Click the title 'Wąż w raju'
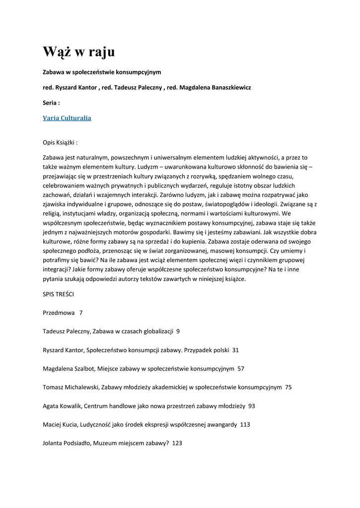click(x=79, y=51)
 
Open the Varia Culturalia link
click(x=67, y=118)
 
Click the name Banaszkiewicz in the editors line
click(x=224, y=87)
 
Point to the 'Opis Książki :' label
click(x=61, y=142)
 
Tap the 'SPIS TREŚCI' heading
click(x=59, y=294)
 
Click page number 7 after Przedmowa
click(x=81, y=313)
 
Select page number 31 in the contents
click(x=235, y=350)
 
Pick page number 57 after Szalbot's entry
click(x=241, y=369)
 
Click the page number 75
click(x=288, y=387)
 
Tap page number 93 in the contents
click(x=252, y=406)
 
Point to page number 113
click(x=245, y=424)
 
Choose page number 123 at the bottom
click(x=177, y=443)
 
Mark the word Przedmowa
click(x=59, y=313)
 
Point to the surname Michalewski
click(x=85, y=387)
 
